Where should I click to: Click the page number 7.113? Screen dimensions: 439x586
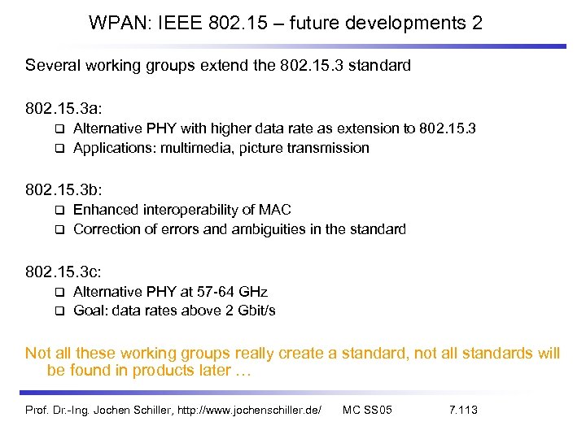click(463, 410)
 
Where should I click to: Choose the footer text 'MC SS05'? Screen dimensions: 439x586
click(368, 410)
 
